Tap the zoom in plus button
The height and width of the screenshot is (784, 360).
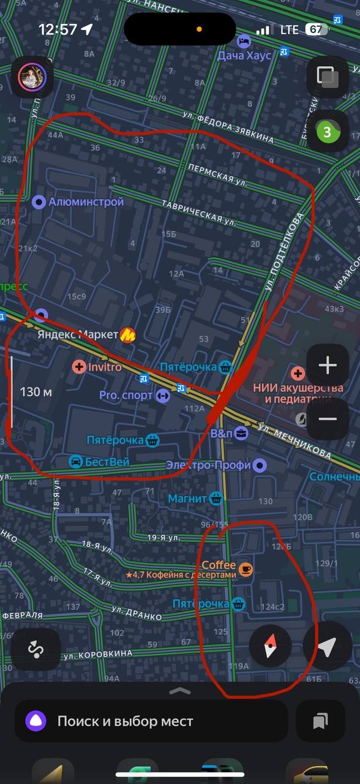[x=328, y=366]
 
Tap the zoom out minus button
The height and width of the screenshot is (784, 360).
[x=328, y=419]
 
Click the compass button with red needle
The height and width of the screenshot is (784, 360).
[x=270, y=647]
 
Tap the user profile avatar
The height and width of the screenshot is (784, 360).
[x=32, y=77]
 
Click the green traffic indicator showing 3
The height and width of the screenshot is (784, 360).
[x=328, y=131]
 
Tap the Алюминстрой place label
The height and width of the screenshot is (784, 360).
[x=86, y=202]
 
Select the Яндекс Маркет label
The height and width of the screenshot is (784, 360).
[x=77, y=334]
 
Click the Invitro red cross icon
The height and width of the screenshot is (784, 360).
[x=79, y=367]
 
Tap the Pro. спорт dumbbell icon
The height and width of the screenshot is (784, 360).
[x=162, y=396]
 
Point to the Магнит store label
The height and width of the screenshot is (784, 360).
[x=187, y=499]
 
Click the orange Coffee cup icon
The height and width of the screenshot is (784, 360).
[x=245, y=569]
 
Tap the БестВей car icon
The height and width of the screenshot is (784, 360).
[x=76, y=461]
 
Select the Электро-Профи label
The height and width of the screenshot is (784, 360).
[x=208, y=466]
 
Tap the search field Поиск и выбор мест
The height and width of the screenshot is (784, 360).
[x=150, y=722]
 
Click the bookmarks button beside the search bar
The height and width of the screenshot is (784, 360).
[x=320, y=722]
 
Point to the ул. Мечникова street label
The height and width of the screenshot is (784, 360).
[x=294, y=441]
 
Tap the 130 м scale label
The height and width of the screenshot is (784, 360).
[x=36, y=392]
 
